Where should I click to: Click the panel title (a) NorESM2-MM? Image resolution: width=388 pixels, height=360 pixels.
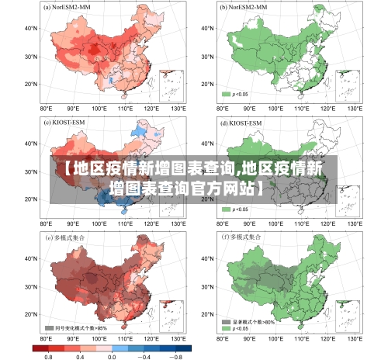pyautogui.click(x=68, y=7)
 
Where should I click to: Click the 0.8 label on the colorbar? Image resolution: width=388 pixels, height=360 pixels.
pyautogui.click(x=48, y=355)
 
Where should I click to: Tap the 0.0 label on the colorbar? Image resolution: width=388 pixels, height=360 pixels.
pyautogui.click(x=112, y=355)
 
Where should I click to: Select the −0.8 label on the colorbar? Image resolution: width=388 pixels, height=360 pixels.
pyautogui.click(x=176, y=355)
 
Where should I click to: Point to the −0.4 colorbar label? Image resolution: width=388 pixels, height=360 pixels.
pyautogui.click(x=144, y=355)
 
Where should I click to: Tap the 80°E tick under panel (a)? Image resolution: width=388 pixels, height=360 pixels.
pyautogui.click(x=46, y=109)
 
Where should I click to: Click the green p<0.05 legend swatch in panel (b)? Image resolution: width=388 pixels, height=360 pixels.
pyautogui.click(x=227, y=95)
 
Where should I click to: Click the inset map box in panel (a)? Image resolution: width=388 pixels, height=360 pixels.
pyautogui.click(x=171, y=86)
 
